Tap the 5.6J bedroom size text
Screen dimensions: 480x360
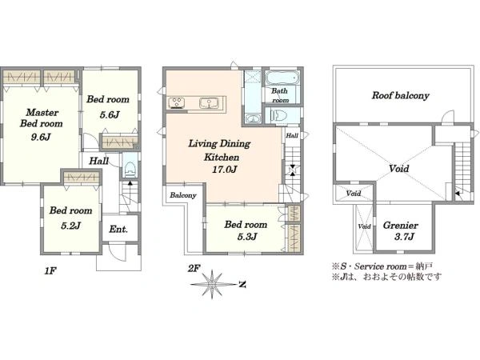coord(110,114)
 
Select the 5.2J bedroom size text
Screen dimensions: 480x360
coord(70,226)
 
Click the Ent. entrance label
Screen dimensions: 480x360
coord(118,229)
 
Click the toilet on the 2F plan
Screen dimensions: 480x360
coord(279,116)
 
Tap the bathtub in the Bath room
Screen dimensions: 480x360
coord(282,78)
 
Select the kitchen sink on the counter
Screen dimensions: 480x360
coord(209,103)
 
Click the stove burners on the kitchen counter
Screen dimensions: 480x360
coord(177,103)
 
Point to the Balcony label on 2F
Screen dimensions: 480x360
coord(183,195)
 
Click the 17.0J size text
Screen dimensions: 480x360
coord(225,170)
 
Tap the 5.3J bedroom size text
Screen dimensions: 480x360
coord(247,237)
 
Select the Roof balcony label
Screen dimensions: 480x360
coord(401,95)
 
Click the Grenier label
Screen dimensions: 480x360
coord(401,226)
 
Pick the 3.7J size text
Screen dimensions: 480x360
coord(404,237)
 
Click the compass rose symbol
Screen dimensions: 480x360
coord(211,284)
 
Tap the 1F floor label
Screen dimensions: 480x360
coord(50,270)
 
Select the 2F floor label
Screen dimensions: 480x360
coord(194,269)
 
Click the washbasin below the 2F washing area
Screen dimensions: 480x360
coord(253,118)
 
